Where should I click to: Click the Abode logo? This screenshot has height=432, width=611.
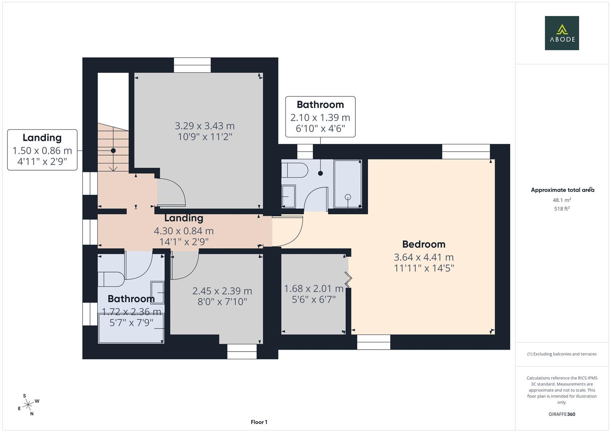562,33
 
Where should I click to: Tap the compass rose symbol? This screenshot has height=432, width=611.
28,405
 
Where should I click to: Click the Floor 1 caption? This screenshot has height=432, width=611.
259,422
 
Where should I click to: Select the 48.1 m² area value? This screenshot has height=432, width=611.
562,200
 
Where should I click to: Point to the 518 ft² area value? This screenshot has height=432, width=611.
562,209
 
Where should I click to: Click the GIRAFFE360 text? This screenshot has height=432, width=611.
562,414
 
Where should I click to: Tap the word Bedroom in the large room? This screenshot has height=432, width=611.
423,244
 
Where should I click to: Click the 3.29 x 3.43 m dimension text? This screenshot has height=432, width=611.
204,126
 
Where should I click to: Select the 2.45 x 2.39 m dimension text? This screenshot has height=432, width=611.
222,291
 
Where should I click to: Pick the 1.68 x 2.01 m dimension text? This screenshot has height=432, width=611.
313,288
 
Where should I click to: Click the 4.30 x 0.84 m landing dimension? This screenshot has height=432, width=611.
184,231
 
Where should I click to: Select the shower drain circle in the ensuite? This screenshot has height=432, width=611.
348,196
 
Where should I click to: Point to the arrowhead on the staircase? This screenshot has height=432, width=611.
113,168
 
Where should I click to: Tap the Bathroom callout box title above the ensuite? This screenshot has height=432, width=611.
320,105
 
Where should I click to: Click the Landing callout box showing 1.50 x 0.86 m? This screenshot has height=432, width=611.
42,150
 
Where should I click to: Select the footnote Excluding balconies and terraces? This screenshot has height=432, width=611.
562,354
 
